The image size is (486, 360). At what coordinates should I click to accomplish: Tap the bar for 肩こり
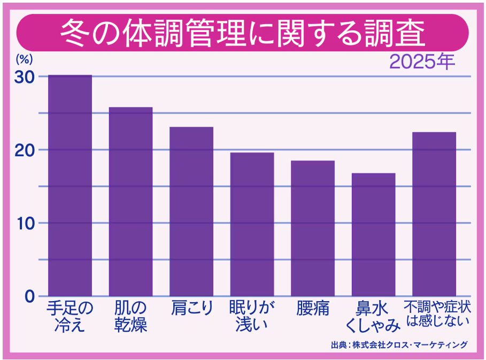click(191, 211)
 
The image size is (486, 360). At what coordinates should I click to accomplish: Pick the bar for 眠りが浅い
click(252, 224)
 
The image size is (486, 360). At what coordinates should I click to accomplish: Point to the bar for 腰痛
click(313, 228)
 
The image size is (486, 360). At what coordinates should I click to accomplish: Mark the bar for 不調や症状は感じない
click(434, 214)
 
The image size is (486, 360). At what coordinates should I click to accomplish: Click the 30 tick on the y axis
click(25, 76)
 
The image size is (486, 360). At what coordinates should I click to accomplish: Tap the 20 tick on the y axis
click(25, 150)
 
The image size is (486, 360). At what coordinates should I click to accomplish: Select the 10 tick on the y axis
click(25, 223)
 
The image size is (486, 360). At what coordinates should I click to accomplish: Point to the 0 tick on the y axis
click(30, 296)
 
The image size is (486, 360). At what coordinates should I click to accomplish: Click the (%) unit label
click(24, 58)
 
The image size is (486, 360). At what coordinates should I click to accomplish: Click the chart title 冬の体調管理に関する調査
click(243, 34)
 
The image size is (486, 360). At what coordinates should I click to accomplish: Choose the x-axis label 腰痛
click(313, 309)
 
